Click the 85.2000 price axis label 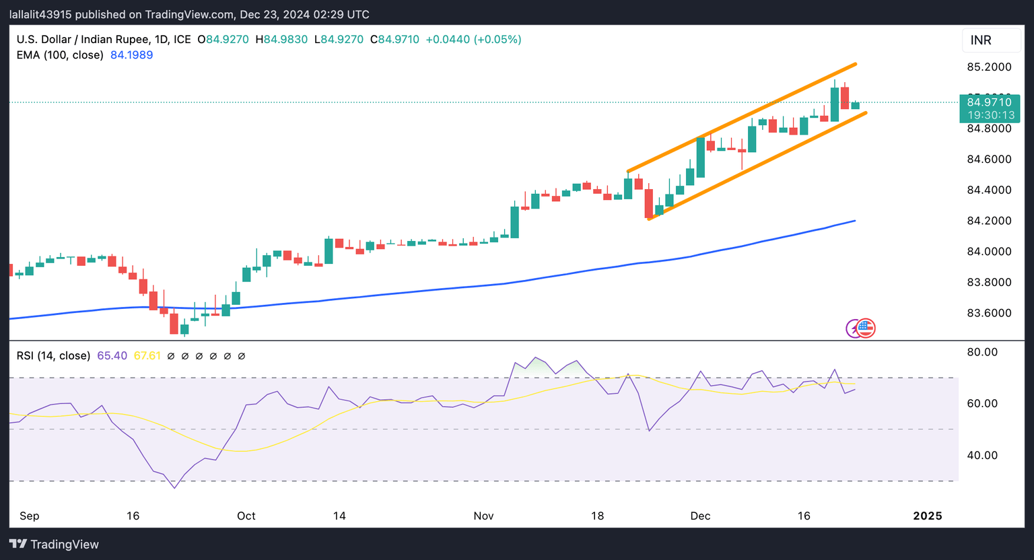[x=989, y=67]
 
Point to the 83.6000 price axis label [x=989, y=313]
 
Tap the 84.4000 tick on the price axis [x=989, y=190]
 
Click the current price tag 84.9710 [x=989, y=102]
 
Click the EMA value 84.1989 [x=131, y=55]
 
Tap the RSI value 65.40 [x=112, y=355]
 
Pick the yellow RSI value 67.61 [x=147, y=355]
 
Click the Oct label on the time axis [x=246, y=516]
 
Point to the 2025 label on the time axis [x=927, y=516]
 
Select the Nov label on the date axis [x=483, y=516]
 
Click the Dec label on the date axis [x=700, y=516]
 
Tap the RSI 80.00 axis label [x=982, y=352]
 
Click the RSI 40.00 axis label [x=982, y=456]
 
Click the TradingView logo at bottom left [x=54, y=545]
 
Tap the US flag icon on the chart [x=866, y=328]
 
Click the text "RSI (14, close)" [x=53, y=355]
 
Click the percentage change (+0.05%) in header [x=497, y=40]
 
